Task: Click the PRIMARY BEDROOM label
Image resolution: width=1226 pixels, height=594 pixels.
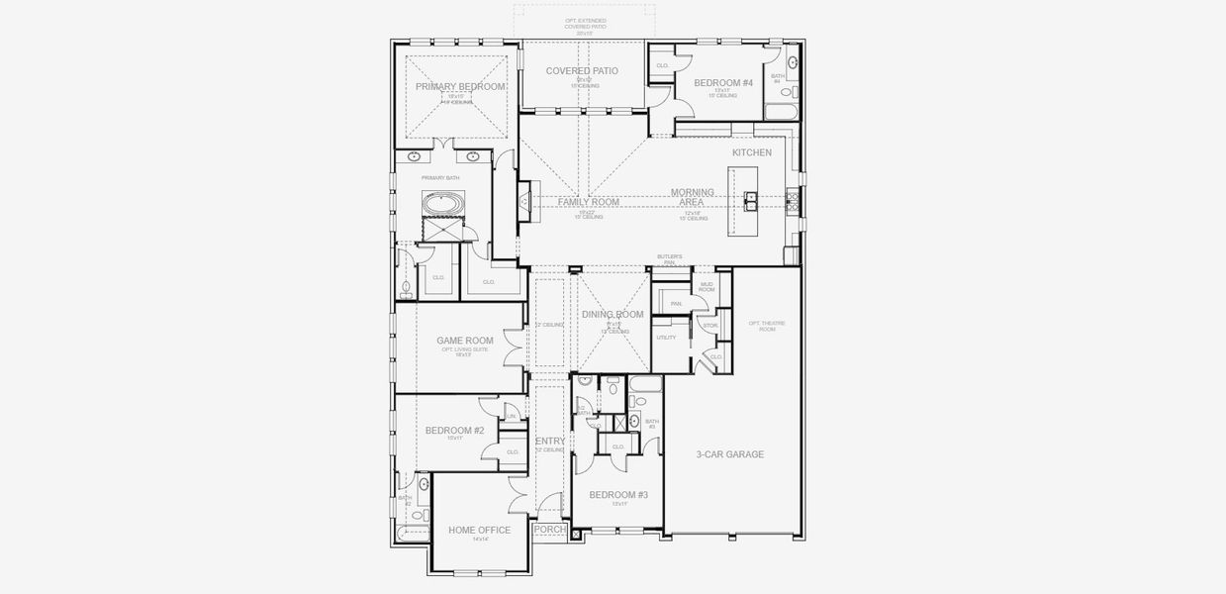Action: tap(460, 87)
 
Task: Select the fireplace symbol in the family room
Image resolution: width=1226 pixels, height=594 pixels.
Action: tap(524, 201)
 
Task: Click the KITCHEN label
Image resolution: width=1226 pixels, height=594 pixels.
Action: tap(751, 152)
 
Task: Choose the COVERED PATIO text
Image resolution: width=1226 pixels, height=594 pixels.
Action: tap(582, 71)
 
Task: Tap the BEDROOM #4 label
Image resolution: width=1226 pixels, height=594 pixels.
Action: tap(722, 83)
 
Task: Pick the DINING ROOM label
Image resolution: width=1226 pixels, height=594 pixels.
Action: tap(613, 315)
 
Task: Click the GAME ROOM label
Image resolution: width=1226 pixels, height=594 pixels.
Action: tap(465, 341)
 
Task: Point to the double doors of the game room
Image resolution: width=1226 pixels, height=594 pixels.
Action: tap(514, 347)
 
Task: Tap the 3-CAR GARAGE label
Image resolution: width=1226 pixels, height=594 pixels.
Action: tap(729, 454)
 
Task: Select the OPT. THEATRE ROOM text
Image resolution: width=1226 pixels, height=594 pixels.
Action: tap(762, 326)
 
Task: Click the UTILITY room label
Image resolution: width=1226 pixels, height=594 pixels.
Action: tap(666, 338)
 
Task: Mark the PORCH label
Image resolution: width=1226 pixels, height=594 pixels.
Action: tap(550, 530)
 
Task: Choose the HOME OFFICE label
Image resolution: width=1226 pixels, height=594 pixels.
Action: tap(479, 530)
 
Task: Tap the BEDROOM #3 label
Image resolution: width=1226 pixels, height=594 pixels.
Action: tap(618, 495)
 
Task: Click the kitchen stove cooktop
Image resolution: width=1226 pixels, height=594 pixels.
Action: tap(791, 201)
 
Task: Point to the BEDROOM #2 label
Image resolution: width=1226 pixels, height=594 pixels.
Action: tap(454, 431)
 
